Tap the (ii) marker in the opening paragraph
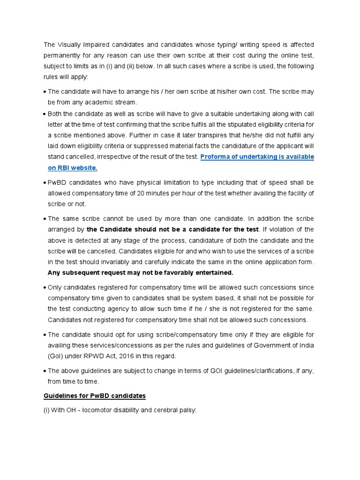pyautogui.click(x=127, y=66)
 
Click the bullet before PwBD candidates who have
pyautogui.click(x=45, y=183)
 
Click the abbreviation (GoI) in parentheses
pyautogui.click(x=56, y=356)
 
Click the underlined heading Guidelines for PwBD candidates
pyautogui.click(x=95, y=396)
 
